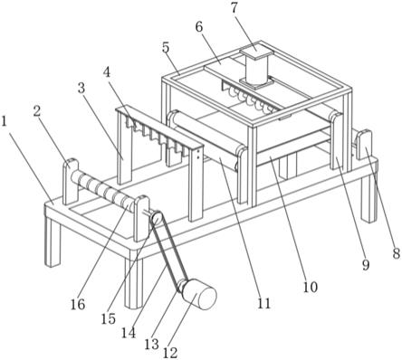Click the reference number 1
coord(5,121)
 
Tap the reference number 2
coord(36,111)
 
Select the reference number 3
coord(81,88)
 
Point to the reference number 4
coord(107,72)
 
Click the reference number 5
coord(166,48)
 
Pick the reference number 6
coord(199,27)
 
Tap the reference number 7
coord(234,8)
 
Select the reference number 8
coord(397,253)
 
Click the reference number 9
coord(366,265)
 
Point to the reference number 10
coord(311,287)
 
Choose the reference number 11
coord(264,304)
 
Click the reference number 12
coord(170,353)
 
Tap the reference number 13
coord(151,344)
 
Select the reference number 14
coord(129,333)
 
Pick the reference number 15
coord(109,318)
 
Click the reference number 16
coord(78,305)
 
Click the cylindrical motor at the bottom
coord(200,295)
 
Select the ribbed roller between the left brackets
coord(104,190)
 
